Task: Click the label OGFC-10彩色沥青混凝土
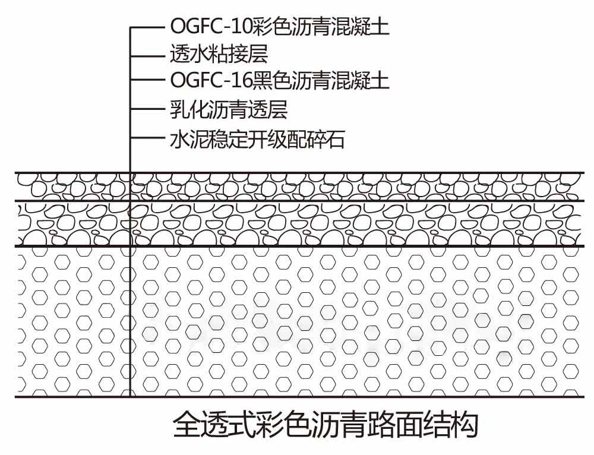[280, 27]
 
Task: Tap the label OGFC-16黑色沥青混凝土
[280, 81]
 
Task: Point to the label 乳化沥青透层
[229, 110]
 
